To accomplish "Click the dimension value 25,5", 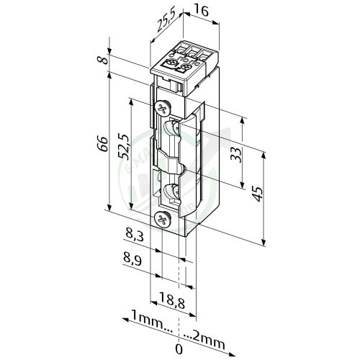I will (x=165, y=26).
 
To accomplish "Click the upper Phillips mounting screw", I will (x=163, y=109).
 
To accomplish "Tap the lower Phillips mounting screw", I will (x=163, y=217).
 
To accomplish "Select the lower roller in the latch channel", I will (x=173, y=193).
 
